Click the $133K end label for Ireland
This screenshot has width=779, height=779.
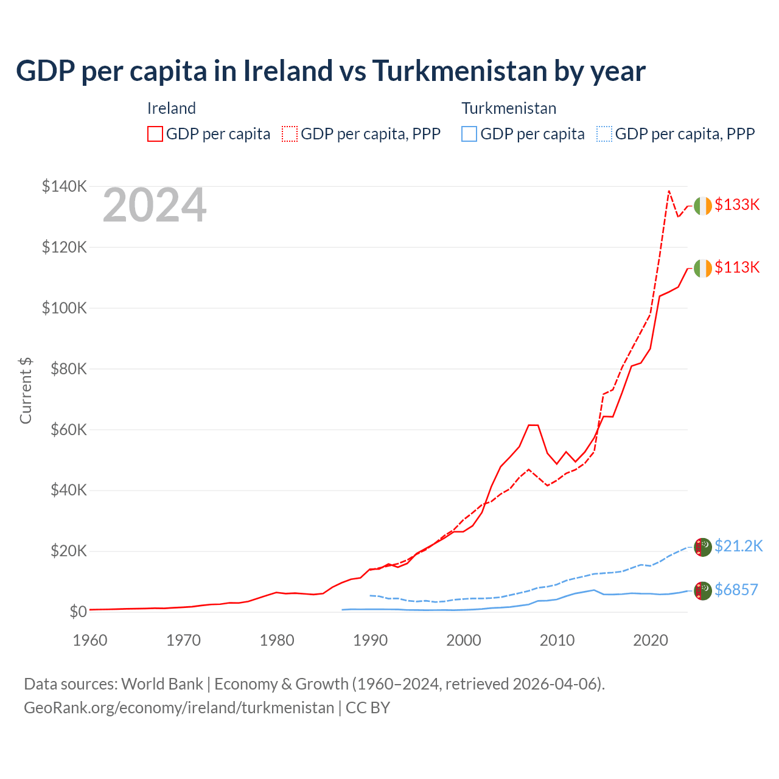(737, 204)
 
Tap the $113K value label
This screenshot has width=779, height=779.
(737, 267)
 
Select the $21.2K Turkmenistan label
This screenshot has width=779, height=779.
(738, 546)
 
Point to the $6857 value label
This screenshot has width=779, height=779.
(736, 590)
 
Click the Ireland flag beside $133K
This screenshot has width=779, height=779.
(703, 206)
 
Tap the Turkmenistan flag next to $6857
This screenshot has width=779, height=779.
(703, 590)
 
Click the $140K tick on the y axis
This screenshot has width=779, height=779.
(65, 186)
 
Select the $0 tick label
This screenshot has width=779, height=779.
(78, 612)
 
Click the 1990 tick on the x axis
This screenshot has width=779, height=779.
(371, 640)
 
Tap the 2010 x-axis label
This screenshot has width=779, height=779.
(557, 640)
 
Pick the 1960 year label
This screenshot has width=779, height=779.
(90, 640)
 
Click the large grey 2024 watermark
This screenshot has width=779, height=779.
(155, 206)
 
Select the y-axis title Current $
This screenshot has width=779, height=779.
(26, 391)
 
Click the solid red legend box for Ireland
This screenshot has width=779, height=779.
(155, 134)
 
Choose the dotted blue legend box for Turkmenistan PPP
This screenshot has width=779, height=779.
(604, 134)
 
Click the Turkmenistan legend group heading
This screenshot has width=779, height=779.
(509, 108)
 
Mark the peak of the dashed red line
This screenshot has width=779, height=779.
(669, 190)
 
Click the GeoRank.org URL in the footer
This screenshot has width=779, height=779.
(179, 708)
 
